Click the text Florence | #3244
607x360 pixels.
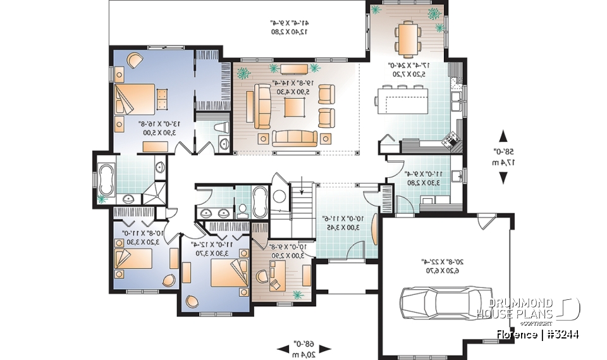click(537, 334)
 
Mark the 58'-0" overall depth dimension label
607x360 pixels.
click(503, 157)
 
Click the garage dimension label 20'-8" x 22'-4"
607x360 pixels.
click(443, 264)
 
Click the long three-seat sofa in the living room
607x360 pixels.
click(295, 137)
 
